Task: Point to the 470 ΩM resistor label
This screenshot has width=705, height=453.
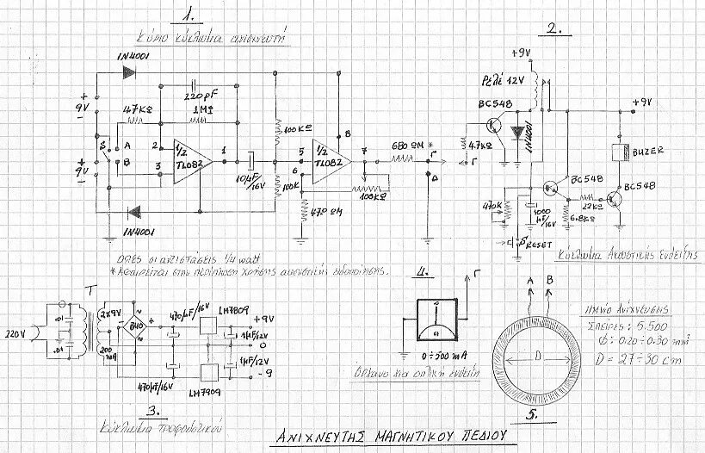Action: [x=327, y=209]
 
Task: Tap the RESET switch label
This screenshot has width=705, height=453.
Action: [x=537, y=244]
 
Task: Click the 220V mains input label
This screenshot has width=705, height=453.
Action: [x=16, y=332]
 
